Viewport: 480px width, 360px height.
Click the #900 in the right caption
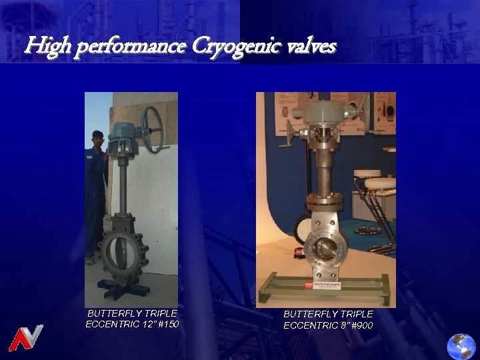point(361,325)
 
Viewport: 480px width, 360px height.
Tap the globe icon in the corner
point(461,345)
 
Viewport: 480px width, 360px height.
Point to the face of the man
point(98,141)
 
